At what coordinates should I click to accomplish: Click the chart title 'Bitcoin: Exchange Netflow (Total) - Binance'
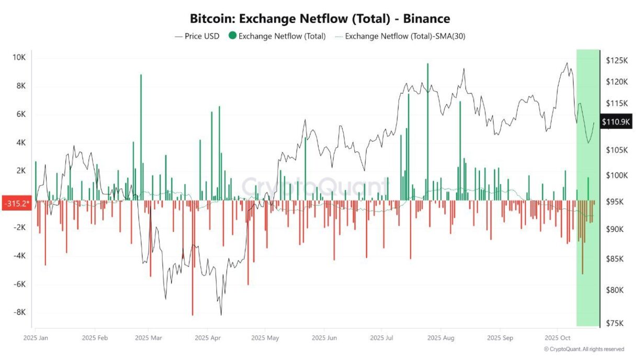click(319, 19)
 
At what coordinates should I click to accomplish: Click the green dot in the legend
click(232, 36)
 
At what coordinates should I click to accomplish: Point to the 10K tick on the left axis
click(19, 57)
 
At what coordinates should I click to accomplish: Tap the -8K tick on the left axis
click(19, 312)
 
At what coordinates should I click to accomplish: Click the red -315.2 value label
click(16, 204)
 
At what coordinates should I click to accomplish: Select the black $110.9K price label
click(616, 122)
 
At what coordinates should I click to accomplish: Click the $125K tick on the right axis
click(616, 61)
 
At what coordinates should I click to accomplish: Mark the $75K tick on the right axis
click(615, 323)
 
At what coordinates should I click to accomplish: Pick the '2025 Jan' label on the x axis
click(36, 338)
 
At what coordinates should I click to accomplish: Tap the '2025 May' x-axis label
click(266, 338)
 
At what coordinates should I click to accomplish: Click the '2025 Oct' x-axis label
click(558, 338)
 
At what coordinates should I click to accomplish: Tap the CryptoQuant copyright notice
click(584, 349)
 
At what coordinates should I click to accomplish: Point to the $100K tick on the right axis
click(616, 175)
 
